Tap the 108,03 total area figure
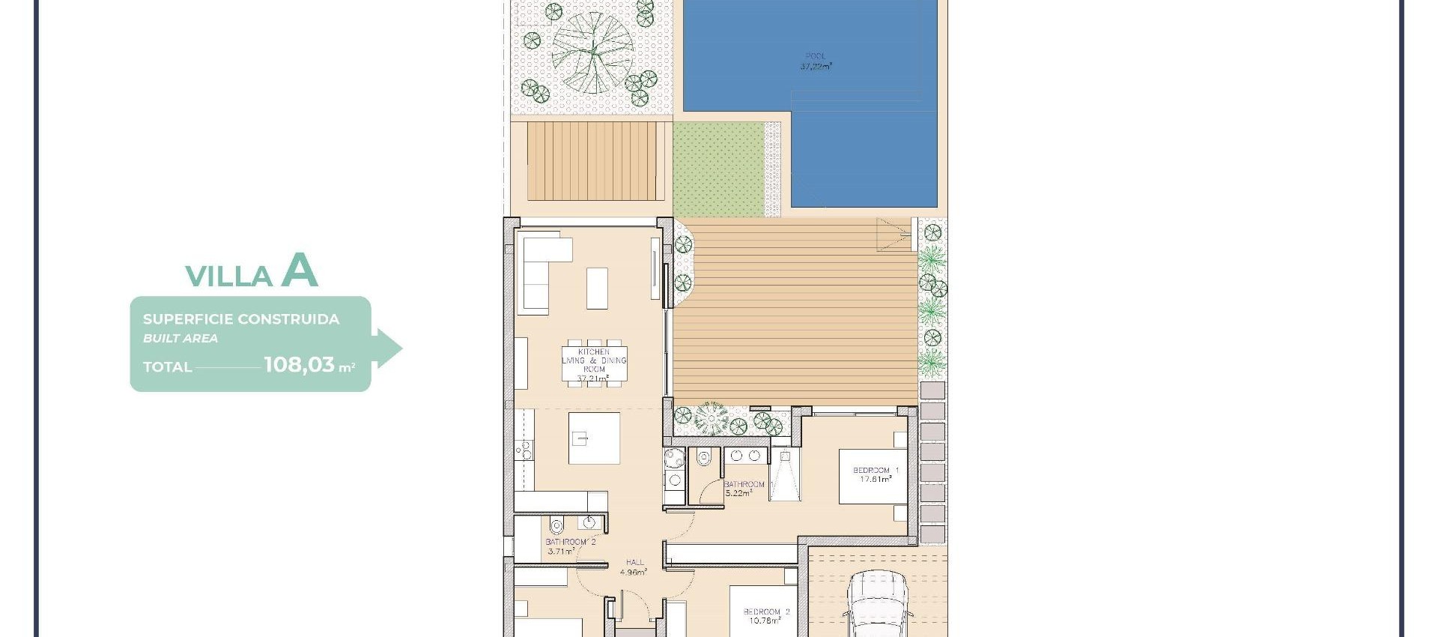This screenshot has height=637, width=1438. (x=300, y=365)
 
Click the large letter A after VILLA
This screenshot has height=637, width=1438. (x=300, y=271)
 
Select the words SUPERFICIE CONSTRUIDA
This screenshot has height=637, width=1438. (x=241, y=319)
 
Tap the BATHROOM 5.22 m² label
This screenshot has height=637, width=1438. (x=744, y=489)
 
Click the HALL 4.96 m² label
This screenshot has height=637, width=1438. (x=634, y=567)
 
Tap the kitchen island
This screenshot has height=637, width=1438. (x=594, y=438)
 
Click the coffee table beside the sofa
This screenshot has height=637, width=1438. (x=597, y=289)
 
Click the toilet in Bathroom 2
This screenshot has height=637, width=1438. (x=556, y=525)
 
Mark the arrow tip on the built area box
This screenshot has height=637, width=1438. (x=401, y=348)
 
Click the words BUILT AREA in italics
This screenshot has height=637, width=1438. (x=180, y=339)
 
